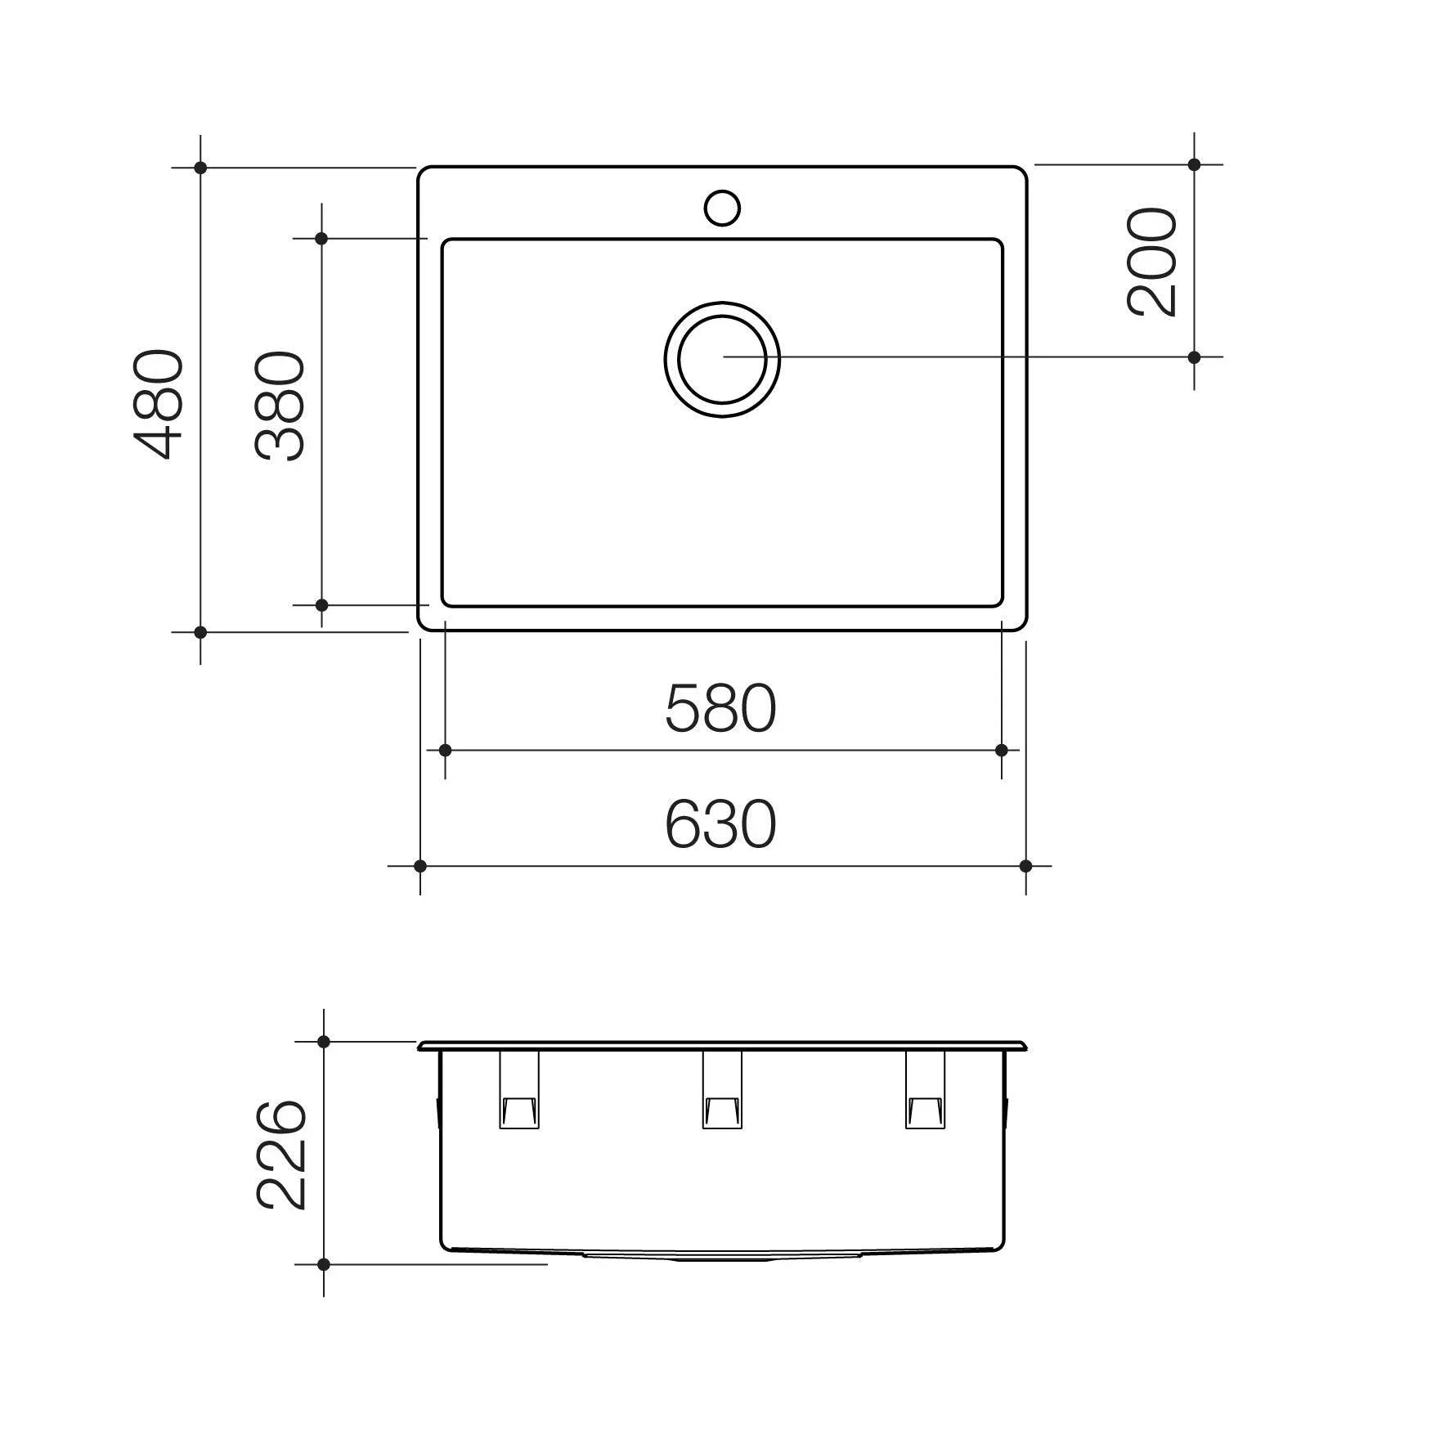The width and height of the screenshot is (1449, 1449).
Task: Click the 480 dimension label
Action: pos(159,405)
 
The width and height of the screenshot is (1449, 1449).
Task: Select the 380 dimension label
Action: pos(280,406)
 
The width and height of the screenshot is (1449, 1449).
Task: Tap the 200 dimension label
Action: pos(1152,262)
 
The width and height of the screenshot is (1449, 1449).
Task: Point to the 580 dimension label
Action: pos(720,708)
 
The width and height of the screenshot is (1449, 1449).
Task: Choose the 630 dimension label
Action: pos(720,824)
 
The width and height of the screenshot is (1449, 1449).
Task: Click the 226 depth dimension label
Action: pos(281,1155)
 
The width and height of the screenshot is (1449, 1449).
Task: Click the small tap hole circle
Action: pos(722,208)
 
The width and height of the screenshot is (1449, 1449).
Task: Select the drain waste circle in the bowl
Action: pos(722,358)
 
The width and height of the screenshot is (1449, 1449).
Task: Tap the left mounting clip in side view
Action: pos(519,1089)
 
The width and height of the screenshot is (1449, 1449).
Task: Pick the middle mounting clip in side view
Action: pos(722,1089)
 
